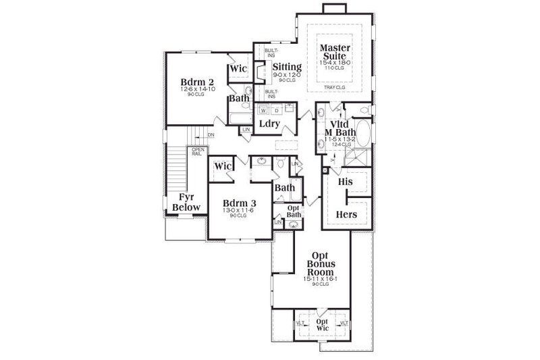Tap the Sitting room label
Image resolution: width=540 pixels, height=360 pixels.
[x=287, y=67]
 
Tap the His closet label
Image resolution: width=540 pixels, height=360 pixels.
[x=346, y=182]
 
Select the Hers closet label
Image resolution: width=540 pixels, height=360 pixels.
[x=346, y=215]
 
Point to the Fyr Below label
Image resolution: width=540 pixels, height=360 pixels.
[x=186, y=203]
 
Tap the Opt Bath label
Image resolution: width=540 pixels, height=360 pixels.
[x=294, y=211]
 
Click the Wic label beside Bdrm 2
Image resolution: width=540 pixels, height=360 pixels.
[x=238, y=69]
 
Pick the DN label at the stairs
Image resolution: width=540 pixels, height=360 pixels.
[x=211, y=134]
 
